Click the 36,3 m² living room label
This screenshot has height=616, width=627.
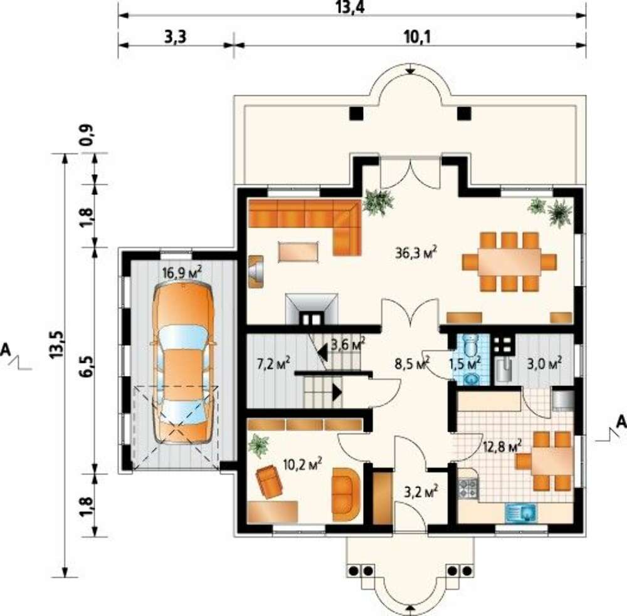[416, 253]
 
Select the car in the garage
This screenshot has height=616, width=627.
[182, 363]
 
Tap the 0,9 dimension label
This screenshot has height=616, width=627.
[87, 135]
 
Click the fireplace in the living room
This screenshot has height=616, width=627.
[312, 309]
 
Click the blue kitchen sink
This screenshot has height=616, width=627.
[520, 513]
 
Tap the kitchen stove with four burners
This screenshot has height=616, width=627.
[468, 489]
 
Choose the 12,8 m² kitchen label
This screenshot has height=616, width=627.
[502, 446]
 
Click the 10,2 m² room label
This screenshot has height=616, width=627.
[302, 464]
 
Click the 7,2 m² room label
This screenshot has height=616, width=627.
[273, 363]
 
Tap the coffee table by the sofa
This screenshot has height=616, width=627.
[299, 252]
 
